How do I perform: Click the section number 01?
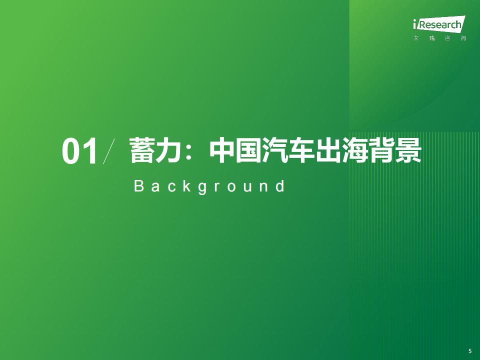point(80,151)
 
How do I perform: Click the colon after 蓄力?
point(188,151)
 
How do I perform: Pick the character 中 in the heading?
point(222,150)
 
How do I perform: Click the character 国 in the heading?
point(248,150)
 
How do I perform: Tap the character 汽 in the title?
point(275,150)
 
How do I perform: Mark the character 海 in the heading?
point(355,150)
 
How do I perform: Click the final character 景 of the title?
point(408,150)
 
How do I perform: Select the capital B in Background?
point(139,186)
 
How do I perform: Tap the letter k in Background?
point(187,186)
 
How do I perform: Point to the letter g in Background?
point(202,188)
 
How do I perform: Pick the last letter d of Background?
point(280,186)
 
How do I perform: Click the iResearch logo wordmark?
point(439,24)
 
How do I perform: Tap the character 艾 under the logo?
point(416,38)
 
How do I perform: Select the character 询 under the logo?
point(463,38)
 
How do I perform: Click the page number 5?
point(470,351)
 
